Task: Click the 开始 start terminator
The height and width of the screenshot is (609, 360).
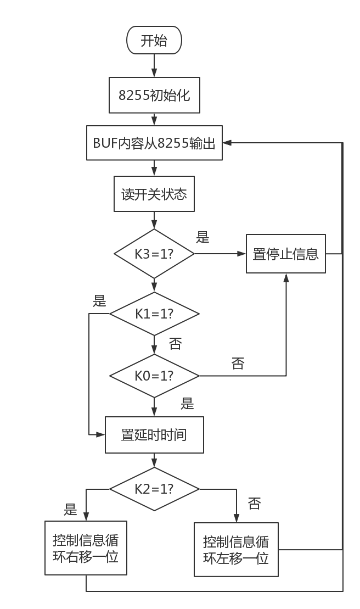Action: click(154, 41)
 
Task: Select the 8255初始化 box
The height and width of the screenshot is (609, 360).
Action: click(154, 95)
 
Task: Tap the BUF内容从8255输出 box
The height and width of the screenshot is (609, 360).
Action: click(154, 143)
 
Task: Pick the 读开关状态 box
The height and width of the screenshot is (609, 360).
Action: click(154, 194)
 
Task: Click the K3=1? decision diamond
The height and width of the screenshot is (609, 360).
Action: click(154, 254)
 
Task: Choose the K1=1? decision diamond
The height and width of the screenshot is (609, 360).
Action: click(154, 314)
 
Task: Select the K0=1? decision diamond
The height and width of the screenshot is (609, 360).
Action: click(154, 376)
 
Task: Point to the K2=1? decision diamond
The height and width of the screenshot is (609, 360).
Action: click(154, 488)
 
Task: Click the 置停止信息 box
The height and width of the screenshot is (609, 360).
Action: click(285, 254)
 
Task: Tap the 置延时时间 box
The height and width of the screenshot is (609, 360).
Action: click(154, 435)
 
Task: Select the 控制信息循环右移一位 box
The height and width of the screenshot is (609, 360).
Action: click(86, 548)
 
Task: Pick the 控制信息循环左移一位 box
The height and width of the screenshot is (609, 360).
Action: click(236, 549)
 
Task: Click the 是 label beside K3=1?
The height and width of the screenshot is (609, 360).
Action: click(203, 237)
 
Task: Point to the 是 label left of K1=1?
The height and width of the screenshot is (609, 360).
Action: click(99, 300)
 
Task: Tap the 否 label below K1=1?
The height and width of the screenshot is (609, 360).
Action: click(175, 344)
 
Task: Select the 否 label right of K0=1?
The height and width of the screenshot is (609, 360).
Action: click(238, 363)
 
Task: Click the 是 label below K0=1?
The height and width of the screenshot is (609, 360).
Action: click(188, 404)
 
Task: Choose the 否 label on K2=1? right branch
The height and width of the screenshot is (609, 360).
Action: click(254, 503)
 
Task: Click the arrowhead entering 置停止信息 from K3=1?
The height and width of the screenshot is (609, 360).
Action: click(242, 254)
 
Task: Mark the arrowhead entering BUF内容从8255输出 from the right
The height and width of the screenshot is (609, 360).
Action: click(227, 143)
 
